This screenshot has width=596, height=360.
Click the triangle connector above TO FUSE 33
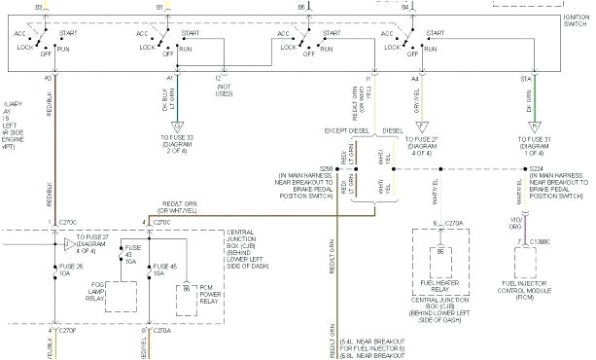click(177, 125)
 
